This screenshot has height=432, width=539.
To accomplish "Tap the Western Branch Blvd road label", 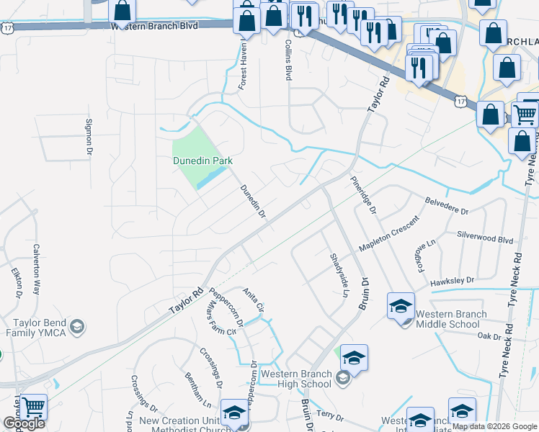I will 154,25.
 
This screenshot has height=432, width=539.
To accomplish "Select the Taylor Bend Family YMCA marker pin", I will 78,328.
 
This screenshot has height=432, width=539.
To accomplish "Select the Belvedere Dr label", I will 447,206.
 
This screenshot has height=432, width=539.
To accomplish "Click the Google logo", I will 24,423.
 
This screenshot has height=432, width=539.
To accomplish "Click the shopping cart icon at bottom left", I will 33,408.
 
